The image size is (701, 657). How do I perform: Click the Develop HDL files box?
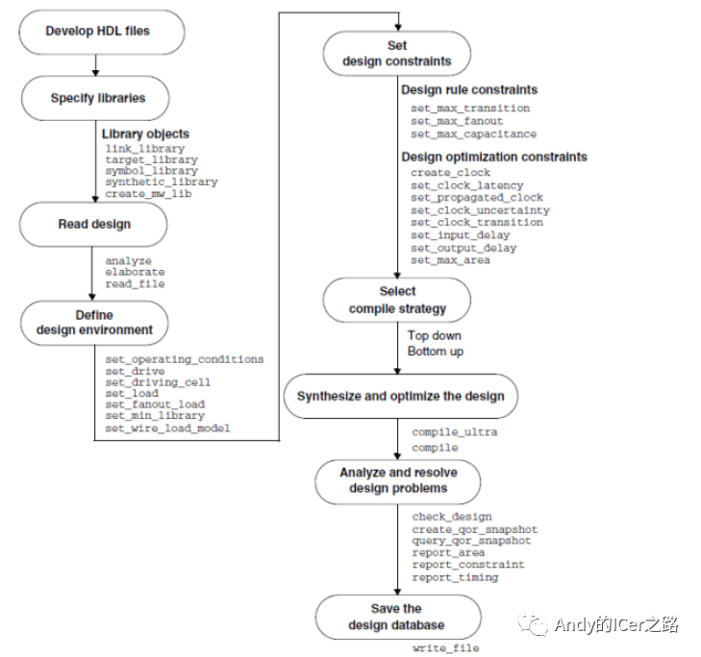[102, 32]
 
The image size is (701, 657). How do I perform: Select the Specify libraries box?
[95, 98]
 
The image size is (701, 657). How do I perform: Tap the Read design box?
[93, 224]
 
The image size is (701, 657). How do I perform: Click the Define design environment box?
[94, 323]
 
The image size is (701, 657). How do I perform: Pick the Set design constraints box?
[396, 53]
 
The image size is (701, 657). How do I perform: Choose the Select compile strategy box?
[396, 300]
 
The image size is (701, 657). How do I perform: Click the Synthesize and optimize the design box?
[401, 396]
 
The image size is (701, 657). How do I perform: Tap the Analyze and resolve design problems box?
[398, 481]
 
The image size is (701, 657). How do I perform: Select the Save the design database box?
[398, 617]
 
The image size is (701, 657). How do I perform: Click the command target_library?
[152, 159]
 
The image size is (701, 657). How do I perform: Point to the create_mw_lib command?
[148, 193]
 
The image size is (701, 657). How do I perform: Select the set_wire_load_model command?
[167, 428]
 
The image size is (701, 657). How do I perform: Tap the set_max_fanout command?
[457, 121]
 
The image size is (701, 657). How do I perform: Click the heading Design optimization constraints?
[494, 157]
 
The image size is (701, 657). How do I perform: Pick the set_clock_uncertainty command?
[480, 210]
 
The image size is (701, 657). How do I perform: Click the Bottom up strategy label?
[436, 352]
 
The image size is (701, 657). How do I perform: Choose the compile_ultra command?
[455, 432]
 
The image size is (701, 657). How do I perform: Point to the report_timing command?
[455, 577]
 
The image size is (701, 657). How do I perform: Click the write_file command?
[446, 648]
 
